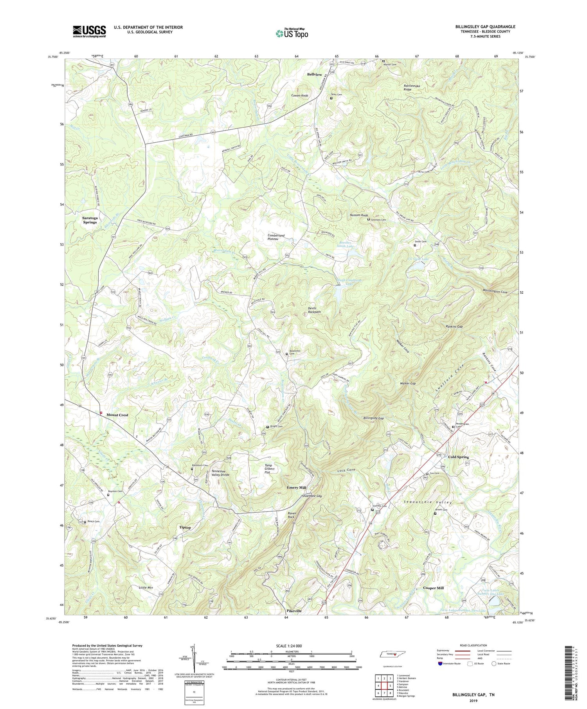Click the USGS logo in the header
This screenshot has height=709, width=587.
89,31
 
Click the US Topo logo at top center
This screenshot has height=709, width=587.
292,33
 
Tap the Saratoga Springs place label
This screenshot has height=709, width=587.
90,220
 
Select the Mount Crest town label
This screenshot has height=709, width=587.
117,415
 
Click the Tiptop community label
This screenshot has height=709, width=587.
185,528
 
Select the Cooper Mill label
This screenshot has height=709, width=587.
433,588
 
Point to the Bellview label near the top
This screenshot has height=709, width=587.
314,74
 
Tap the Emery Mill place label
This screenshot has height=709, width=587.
296,488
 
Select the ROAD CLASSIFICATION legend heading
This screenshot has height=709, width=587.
471,645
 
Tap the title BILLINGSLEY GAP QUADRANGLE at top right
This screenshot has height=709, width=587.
485,27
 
